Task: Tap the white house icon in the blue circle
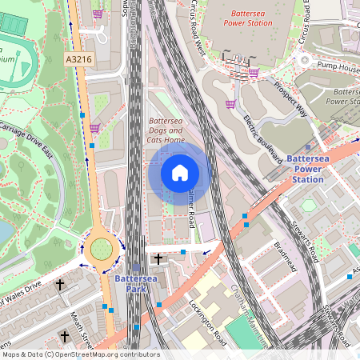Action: [179, 173]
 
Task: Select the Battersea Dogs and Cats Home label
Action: [166, 130]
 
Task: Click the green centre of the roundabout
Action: [101, 250]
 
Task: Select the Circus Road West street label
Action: [195, 30]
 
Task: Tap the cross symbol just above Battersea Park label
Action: [158, 258]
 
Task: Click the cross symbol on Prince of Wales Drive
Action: [59, 284]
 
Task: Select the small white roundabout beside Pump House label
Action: [304, 60]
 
